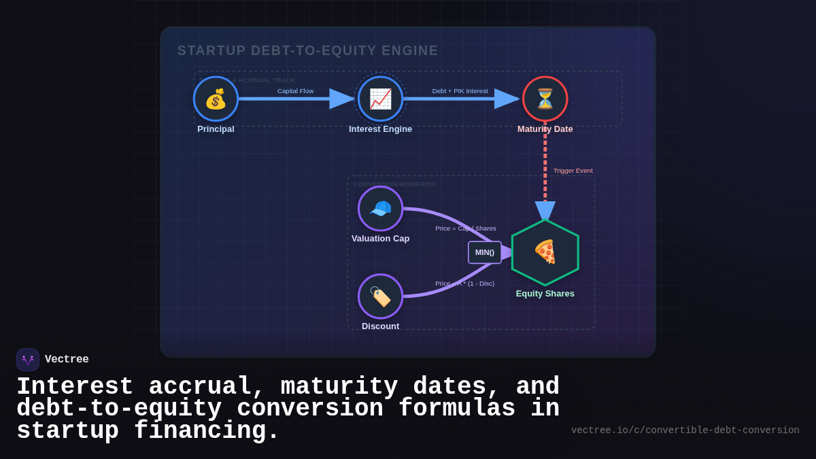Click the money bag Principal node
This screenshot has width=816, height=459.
coord(216,99)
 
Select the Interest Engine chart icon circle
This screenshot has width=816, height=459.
coord(380,99)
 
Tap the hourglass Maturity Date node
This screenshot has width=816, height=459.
coord(545,99)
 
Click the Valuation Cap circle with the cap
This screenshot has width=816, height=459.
coord(380,208)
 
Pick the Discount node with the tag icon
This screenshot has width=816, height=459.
coord(380,296)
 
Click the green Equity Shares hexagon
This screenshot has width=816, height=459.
coord(545,252)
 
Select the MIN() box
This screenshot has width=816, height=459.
coord(485,252)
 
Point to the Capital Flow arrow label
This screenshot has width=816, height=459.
coord(295,91)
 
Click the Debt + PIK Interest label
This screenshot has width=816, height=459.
coord(460,91)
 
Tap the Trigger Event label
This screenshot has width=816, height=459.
coord(573,171)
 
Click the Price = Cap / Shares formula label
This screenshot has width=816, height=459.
coord(466,228)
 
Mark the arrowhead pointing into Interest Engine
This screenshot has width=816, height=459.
coord(341,99)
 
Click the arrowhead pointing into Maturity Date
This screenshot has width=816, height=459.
coord(507,99)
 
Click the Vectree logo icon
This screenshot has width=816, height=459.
coord(28,360)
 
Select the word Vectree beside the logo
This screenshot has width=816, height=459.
coord(67,360)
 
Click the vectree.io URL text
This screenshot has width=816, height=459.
coord(685,430)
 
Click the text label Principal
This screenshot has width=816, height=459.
coord(216,129)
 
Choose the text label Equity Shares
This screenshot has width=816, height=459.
coord(545,294)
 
